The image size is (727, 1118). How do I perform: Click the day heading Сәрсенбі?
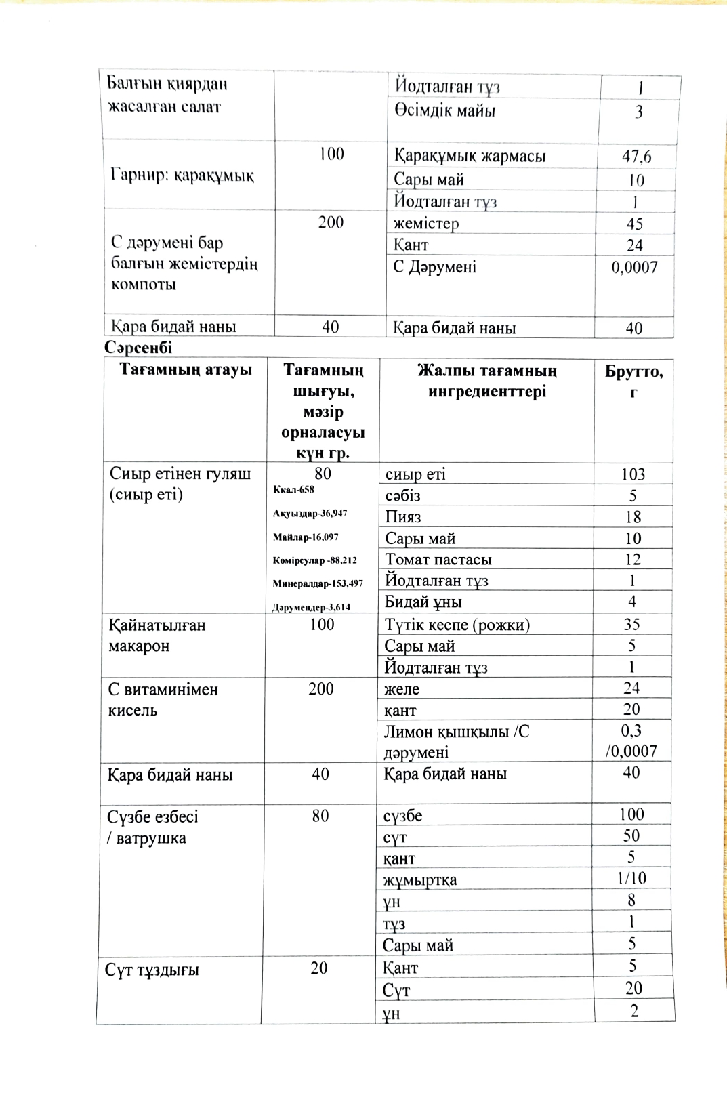(138, 348)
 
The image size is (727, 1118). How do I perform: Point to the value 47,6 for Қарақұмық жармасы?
(636, 157)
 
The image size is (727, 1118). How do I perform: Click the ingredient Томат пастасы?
(438, 560)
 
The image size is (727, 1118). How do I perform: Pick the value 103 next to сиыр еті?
(633, 474)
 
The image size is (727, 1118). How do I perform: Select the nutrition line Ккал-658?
(293, 489)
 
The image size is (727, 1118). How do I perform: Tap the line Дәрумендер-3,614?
(311, 607)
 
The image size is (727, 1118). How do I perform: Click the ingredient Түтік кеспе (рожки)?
(457, 625)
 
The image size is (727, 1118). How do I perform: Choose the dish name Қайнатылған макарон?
(157, 636)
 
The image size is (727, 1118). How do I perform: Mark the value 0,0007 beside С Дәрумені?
(634, 267)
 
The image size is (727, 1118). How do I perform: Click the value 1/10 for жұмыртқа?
(631, 878)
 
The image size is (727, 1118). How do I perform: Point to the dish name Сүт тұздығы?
(152, 970)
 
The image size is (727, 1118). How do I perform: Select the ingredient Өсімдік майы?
(444, 110)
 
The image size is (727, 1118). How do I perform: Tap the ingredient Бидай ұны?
(423, 602)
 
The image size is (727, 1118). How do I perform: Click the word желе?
(402, 689)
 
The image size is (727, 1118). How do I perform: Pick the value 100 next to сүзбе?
(631, 814)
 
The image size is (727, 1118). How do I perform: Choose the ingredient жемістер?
(426, 224)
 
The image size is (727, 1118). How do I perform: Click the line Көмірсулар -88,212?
(314, 560)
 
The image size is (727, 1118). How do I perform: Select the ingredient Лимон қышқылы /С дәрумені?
(456, 741)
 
